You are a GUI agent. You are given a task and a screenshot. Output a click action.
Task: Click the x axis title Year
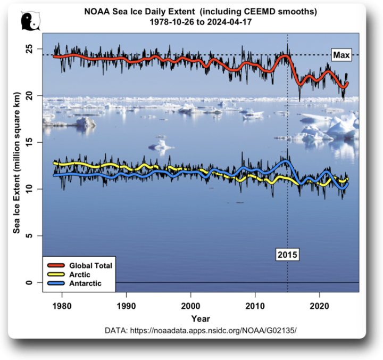(201, 318)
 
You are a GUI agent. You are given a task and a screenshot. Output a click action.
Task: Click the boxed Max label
(340, 55)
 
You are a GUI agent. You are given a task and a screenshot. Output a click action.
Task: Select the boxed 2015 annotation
(288, 255)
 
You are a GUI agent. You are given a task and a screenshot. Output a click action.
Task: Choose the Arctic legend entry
(80, 274)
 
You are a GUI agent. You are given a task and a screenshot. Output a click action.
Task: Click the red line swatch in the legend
(55, 265)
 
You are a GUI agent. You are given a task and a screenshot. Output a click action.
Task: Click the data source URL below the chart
(201, 331)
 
